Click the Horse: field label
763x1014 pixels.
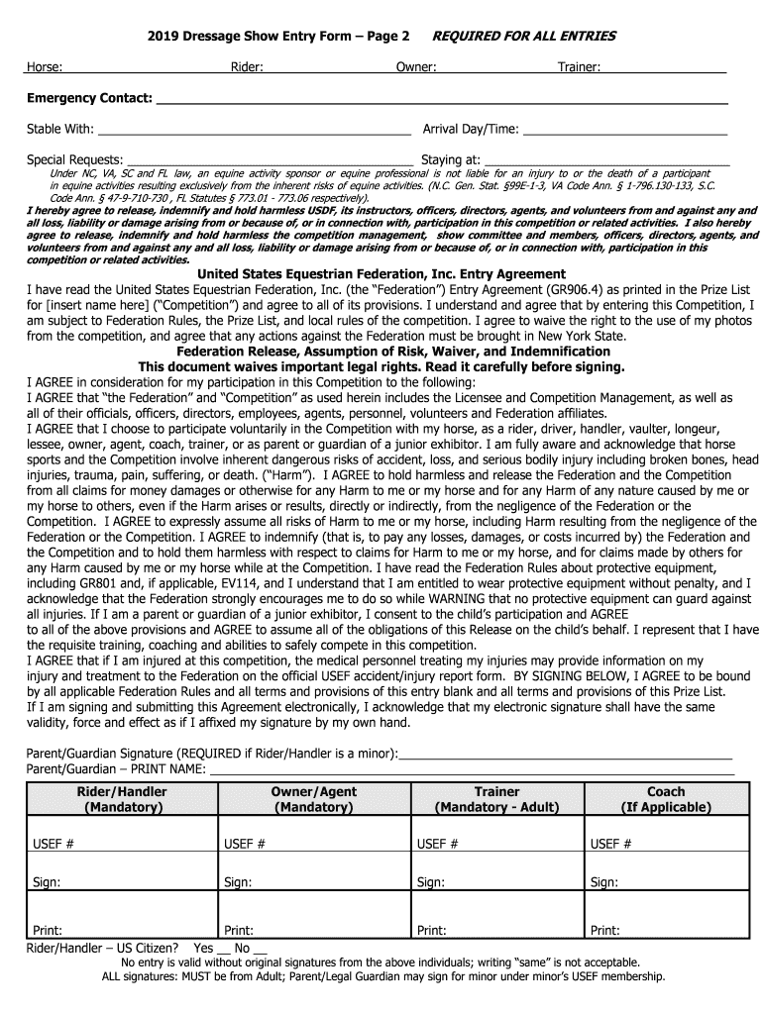(x=45, y=66)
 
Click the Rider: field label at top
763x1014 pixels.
(x=247, y=66)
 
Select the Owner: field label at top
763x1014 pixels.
(x=416, y=66)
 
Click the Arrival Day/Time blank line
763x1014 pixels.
(x=624, y=131)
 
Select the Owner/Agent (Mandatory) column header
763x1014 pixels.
(x=314, y=799)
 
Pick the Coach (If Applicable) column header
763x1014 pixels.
(x=665, y=799)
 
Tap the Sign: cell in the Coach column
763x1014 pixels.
(x=665, y=882)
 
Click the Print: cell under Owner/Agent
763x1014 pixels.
(x=314, y=930)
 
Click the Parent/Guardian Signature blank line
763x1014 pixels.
(x=565, y=756)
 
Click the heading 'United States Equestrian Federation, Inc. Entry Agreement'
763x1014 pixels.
(x=381, y=274)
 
